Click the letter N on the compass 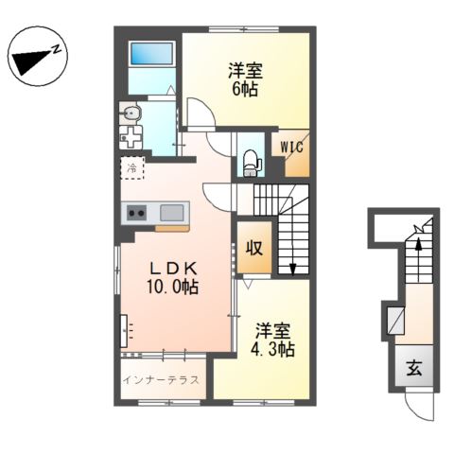click(57, 49)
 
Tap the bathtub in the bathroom click(151, 54)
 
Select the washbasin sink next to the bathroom click(131, 113)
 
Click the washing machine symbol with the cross click(131, 137)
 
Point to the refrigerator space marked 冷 click(132, 168)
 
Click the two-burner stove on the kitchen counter click(136, 213)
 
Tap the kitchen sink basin click(171, 213)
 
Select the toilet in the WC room click(252, 164)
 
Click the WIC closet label click(291, 147)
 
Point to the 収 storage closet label click(254, 248)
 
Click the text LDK click(173, 269)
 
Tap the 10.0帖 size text click(172, 288)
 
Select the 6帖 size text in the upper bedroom click(245, 89)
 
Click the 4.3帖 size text click(272, 349)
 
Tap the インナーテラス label click(161, 380)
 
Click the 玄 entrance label click(414, 368)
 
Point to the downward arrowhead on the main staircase click(293, 270)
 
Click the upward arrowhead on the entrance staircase click(418, 243)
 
